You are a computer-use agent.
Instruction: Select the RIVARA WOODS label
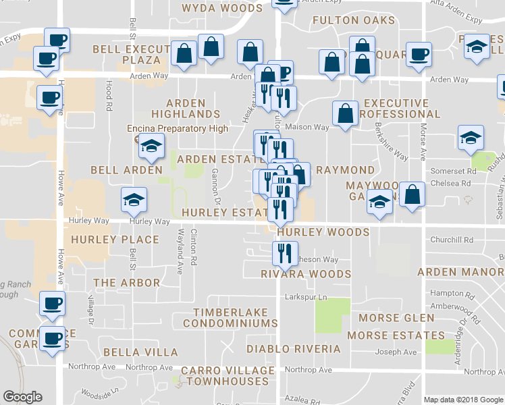click(306, 274)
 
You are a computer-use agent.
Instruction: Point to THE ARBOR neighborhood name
click(127, 283)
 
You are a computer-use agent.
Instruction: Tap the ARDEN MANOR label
click(460, 272)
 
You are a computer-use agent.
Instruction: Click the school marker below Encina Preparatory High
click(152, 146)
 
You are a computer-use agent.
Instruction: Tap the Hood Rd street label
click(109, 95)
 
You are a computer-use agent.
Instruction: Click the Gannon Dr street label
click(217, 186)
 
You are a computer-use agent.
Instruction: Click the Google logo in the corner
click(22, 397)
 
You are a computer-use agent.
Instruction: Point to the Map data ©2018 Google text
click(462, 400)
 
